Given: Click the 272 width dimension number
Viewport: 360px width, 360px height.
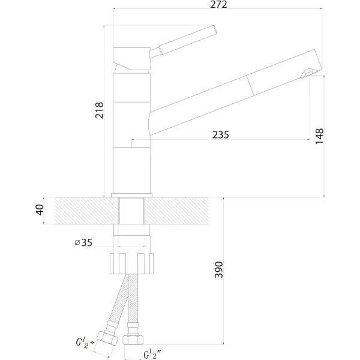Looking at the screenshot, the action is pos(218,4).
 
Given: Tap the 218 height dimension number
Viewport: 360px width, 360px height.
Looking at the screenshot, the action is pos(100,110).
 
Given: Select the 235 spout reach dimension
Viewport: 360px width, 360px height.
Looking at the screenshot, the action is pos(220,135).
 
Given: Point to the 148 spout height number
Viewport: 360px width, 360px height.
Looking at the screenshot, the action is pos(319,136).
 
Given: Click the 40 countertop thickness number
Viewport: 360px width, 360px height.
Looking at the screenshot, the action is pos(40,210).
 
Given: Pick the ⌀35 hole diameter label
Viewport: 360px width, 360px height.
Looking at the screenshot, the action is pos(83,242).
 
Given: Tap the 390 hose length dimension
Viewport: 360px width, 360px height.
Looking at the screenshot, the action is pos(218,269).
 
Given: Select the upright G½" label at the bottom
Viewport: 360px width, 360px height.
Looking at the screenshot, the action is pos(152,353).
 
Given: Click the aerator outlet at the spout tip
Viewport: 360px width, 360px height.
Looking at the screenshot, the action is pos(307,74).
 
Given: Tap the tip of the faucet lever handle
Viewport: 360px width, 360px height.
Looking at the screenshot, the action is pos(215,30).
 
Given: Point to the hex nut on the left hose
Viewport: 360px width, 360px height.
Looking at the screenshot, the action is pos(107,338).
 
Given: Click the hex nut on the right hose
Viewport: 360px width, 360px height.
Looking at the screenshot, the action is pos(133,340).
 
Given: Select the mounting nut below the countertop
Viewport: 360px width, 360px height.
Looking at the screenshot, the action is pos(132,263).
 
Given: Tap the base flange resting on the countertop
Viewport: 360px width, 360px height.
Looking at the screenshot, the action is pos(132,195).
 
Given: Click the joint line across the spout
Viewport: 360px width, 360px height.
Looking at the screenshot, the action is pos(250,85).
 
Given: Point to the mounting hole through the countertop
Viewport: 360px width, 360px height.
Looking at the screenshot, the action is pos(132,211).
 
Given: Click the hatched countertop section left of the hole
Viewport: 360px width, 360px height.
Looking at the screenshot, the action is pos(86,211).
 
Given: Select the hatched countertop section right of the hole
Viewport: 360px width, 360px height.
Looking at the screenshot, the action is pos(176,211).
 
